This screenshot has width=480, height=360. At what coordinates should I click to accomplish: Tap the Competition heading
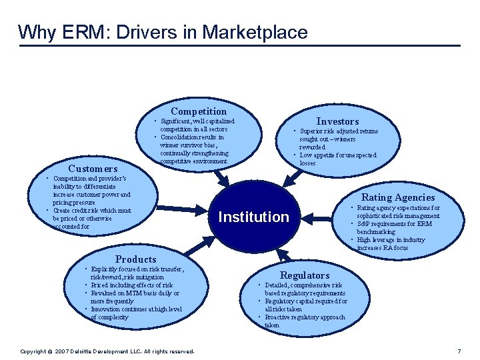pyautogui.click(x=199, y=111)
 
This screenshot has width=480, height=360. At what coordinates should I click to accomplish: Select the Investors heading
pyautogui.click(x=337, y=121)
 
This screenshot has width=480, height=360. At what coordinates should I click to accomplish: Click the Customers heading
pyautogui.click(x=93, y=169)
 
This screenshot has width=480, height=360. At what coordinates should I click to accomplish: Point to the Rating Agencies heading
pyautogui.click(x=397, y=197)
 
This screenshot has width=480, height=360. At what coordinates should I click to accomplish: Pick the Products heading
pyautogui.click(x=136, y=259)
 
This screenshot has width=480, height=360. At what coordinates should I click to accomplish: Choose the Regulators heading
pyautogui.click(x=305, y=275)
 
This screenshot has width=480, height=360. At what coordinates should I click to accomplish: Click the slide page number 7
pyautogui.click(x=459, y=351)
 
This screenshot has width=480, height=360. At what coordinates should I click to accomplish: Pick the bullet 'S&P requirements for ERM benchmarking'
pyautogui.click(x=394, y=228)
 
